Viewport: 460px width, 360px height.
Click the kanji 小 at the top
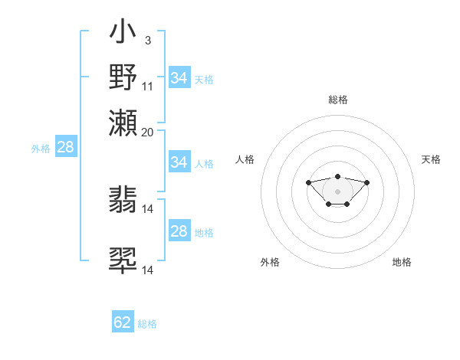point(123,34)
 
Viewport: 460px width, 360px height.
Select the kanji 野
point(123,77)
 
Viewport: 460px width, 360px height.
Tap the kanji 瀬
point(123,122)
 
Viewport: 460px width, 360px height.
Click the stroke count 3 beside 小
point(147,40)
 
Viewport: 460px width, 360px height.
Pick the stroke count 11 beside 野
point(148,86)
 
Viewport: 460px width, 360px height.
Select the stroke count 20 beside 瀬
point(148,132)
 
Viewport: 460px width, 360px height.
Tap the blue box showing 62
point(123,322)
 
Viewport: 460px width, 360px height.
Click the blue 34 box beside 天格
point(179,77)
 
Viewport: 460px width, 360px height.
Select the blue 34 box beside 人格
point(179,162)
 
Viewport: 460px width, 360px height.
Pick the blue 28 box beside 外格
point(66,148)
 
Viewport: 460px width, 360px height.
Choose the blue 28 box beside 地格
point(179,231)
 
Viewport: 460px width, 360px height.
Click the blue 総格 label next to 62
point(147,324)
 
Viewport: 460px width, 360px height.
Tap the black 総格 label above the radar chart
point(337,100)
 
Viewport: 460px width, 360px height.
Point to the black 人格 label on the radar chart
point(245,159)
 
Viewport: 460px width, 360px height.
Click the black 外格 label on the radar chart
point(270,262)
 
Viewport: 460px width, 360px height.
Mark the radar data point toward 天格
point(366,182)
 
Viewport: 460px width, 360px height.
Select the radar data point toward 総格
point(337,176)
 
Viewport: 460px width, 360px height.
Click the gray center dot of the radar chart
point(337,191)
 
